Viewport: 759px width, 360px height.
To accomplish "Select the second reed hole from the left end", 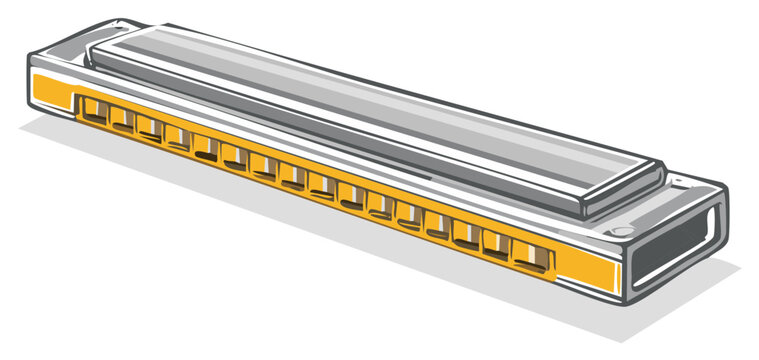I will click(123, 119).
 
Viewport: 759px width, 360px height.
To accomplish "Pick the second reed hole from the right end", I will click(497, 246).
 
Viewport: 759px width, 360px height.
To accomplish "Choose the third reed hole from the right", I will click(466, 236).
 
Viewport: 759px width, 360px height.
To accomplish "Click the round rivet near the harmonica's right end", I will click(624, 231).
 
